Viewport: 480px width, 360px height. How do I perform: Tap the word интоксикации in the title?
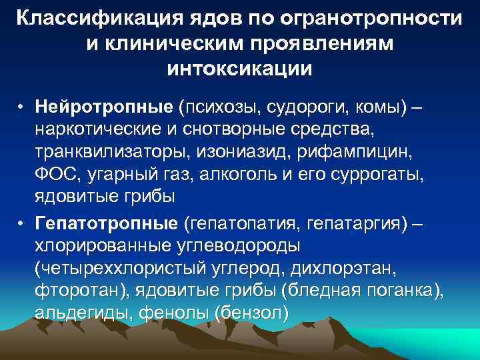pyautogui.click(x=239, y=67)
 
